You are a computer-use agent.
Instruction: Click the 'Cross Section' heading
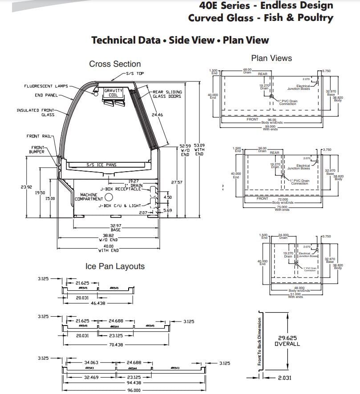click(115, 64)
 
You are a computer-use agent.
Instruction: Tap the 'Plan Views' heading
click(271, 58)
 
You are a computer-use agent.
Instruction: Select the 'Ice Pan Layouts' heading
click(115, 266)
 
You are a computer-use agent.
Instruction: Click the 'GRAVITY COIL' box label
click(113, 92)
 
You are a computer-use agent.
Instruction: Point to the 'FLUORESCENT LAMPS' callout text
click(44, 86)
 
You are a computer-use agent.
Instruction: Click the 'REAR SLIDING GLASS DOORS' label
click(167, 94)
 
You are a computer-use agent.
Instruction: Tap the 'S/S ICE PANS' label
click(101, 165)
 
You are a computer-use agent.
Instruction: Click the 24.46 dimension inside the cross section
click(157, 115)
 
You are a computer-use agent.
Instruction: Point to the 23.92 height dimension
click(26, 187)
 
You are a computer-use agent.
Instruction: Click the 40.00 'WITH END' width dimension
click(109, 248)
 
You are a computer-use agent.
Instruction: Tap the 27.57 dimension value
click(177, 182)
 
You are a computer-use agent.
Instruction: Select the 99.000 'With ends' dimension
click(270, 128)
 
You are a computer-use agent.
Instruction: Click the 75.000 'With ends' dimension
click(282, 208)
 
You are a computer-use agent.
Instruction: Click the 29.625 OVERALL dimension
click(287, 341)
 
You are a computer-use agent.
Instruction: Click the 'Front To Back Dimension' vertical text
click(259, 341)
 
